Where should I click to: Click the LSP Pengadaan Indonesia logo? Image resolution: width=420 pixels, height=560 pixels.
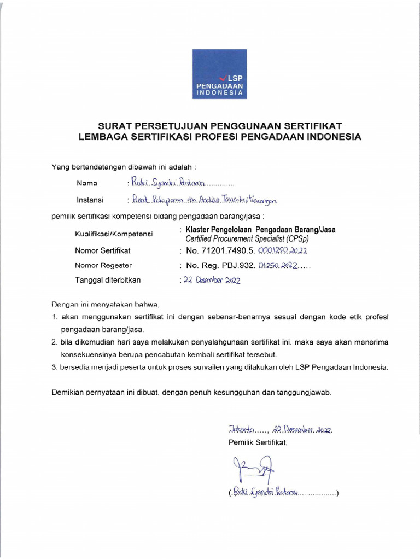(219, 74)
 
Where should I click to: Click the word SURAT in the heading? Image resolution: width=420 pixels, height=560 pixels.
(115, 126)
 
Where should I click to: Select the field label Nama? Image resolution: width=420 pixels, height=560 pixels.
(87, 183)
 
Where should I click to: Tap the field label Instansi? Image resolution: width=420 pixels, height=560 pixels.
(90, 201)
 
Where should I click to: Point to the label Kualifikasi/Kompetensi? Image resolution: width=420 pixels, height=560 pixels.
(114, 235)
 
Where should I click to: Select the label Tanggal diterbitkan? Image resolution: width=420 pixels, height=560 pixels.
(108, 280)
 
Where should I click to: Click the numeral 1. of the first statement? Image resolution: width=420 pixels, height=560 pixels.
(55, 317)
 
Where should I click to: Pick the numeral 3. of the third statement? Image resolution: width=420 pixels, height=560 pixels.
(55, 367)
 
